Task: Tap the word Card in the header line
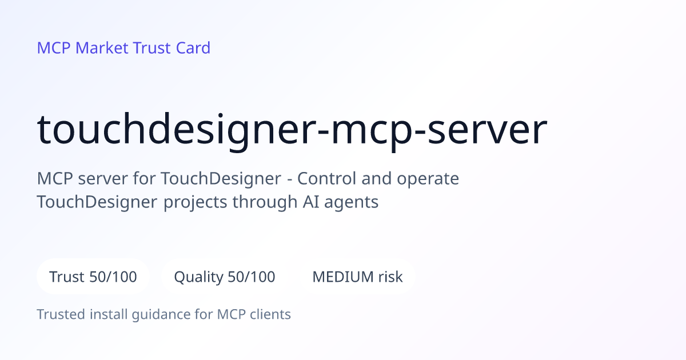(x=193, y=48)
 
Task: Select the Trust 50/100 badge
(x=93, y=277)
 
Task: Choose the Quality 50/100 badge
(x=225, y=277)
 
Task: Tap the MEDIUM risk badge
(x=357, y=277)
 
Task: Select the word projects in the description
(x=195, y=202)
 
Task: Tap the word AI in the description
(x=310, y=202)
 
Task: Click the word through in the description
(x=265, y=202)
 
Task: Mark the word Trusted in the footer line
(x=61, y=314)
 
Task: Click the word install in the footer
(x=109, y=314)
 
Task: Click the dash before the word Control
(x=290, y=179)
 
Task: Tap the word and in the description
(x=376, y=178)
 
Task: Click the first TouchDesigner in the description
(x=221, y=179)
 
